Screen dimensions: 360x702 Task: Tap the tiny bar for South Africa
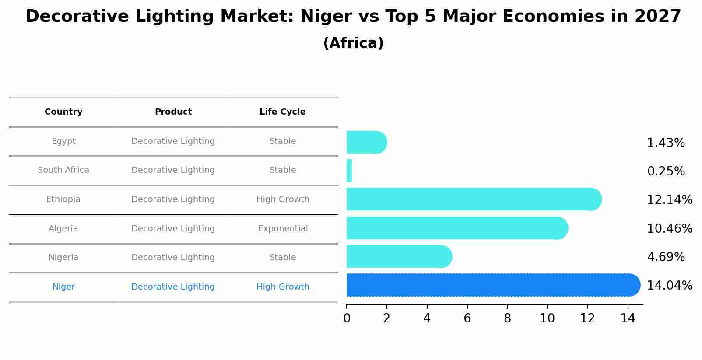click(349, 171)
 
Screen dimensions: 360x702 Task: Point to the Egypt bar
click(366, 143)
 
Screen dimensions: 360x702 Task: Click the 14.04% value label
click(669, 286)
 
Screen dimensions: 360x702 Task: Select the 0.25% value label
click(666, 171)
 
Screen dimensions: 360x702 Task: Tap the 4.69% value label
click(666, 257)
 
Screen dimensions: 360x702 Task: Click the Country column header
click(63, 112)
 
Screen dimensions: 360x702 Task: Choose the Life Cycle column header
click(282, 112)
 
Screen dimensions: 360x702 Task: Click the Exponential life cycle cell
click(283, 229)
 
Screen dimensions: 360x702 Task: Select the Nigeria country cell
click(63, 258)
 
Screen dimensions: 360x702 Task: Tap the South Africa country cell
click(63, 170)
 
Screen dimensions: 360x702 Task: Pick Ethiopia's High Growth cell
click(283, 199)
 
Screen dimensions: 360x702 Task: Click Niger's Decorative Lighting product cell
click(173, 287)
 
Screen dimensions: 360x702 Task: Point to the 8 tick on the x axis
click(507, 318)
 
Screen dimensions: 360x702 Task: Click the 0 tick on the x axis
click(347, 318)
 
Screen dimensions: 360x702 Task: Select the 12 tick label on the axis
click(587, 318)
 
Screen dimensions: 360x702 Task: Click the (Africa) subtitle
click(353, 43)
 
